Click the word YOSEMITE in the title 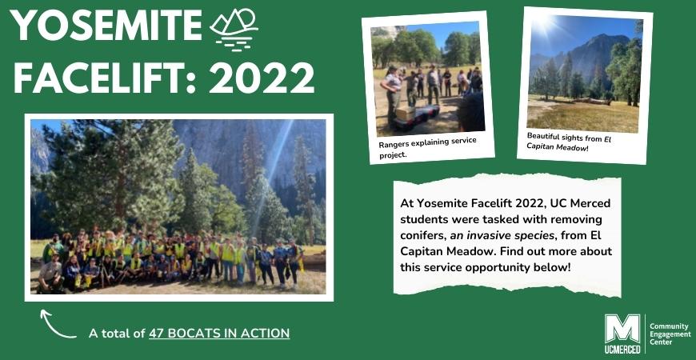click(x=106, y=26)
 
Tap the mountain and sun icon click(x=234, y=30)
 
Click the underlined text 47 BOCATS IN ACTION click(x=219, y=333)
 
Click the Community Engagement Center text click(x=670, y=334)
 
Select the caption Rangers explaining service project click(x=427, y=147)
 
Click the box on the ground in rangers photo click(x=405, y=114)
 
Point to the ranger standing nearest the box click(x=391, y=94)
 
